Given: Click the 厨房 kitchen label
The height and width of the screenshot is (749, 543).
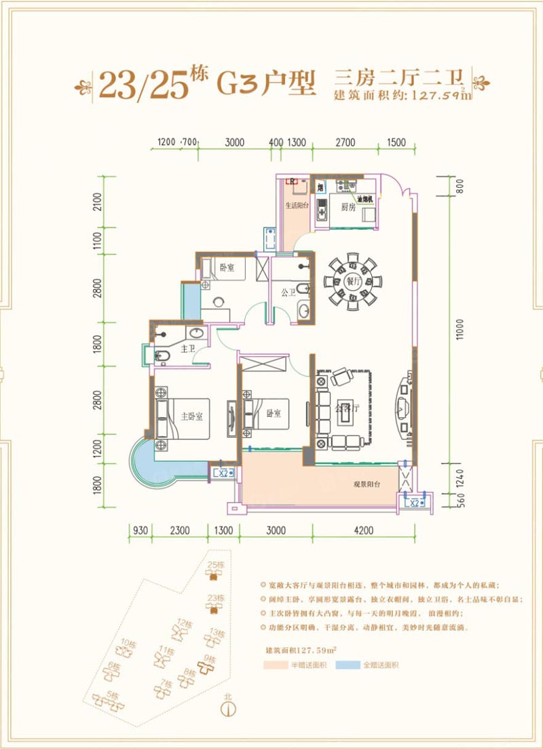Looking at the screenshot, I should point(349,208).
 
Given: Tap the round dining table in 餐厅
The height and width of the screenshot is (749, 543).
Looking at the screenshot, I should point(352,279).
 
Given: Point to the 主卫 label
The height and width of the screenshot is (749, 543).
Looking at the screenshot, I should point(188,349).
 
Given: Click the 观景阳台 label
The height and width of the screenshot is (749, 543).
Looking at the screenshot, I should point(367,485).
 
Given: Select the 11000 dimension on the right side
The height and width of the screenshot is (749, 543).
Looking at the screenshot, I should point(460,332).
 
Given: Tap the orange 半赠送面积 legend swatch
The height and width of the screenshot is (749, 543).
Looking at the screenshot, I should point(277,666).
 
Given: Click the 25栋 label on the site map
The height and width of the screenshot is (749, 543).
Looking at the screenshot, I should point(215,565).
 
